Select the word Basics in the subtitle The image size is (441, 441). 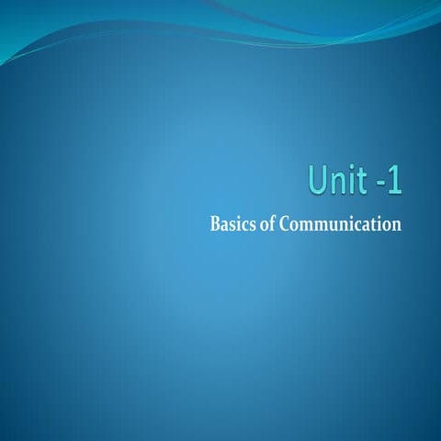tap(233, 223)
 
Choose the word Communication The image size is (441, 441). tap(341, 223)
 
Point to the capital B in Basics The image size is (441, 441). tap(216, 223)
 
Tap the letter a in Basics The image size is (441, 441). tap(226, 224)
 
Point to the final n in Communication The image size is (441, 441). tap(396, 224)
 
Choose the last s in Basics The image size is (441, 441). tap(253, 224)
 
